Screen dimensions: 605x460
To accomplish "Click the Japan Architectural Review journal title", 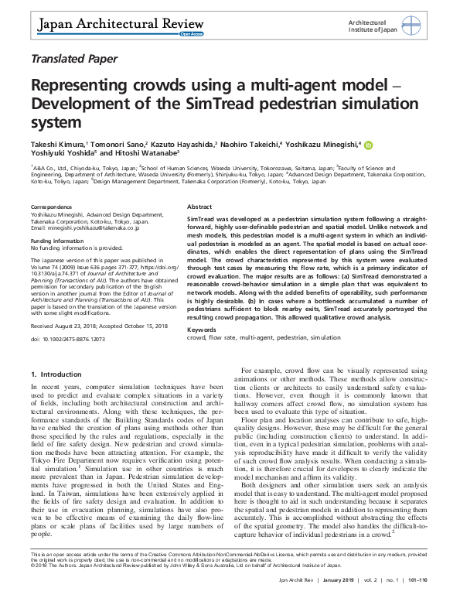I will [x=113, y=26].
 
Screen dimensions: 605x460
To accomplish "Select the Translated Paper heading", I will [x=75, y=58].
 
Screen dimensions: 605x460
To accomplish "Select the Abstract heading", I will [x=199, y=208].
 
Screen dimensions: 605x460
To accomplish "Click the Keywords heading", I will [x=202, y=329].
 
